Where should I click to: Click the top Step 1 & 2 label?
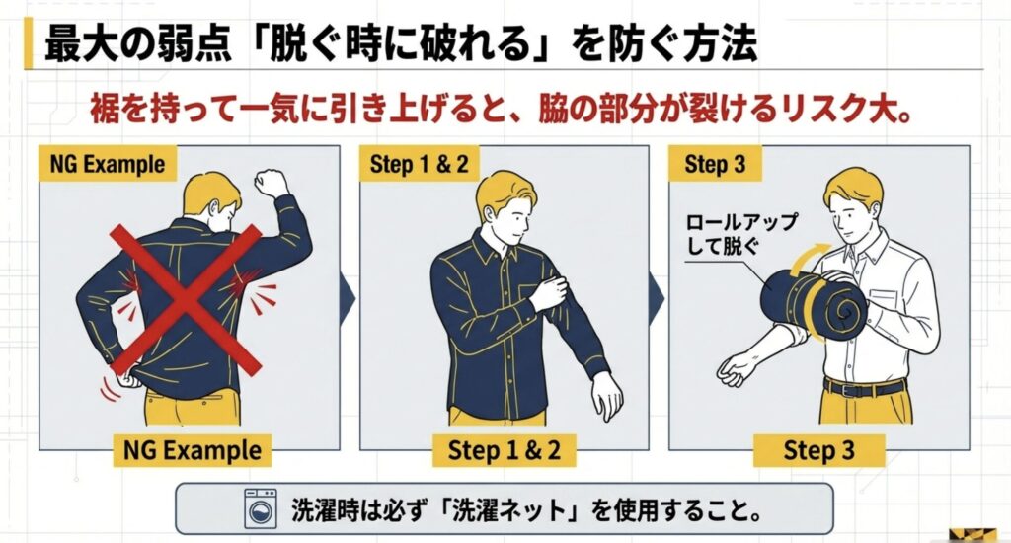point(419,164)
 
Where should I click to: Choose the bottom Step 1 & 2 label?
point(504,451)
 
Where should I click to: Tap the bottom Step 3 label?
point(818,451)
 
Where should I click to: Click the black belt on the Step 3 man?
point(865,387)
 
